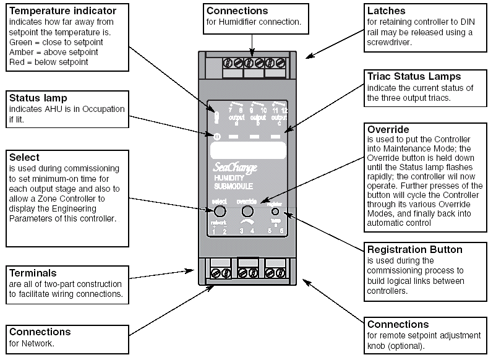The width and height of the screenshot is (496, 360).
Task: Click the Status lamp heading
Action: pyautogui.click(x=37, y=98)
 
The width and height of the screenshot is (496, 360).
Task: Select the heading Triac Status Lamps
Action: pyautogui.click(x=413, y=77)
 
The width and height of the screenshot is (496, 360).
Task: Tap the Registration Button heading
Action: pyautogui.click(x=414, y=250)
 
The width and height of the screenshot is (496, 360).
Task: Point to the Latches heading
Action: pyautogui.click(x=387, y=11)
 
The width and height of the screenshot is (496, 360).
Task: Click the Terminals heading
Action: pyautogui.click(x=33, y=273)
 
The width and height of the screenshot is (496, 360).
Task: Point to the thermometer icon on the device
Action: pyautogui.click(x=217, y=114)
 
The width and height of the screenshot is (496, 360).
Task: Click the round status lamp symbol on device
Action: pyautogui.click(x=217, y=135)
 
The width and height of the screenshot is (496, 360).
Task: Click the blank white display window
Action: pyautogui.click(x=247, y=150)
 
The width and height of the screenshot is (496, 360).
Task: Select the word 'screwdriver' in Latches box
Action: pyautogui.click(x=391, y=41)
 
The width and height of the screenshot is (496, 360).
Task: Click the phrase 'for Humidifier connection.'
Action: pyautogui.click(x=254, y=22)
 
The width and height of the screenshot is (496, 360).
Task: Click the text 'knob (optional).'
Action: pyautogui.click(x=396, y=345)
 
